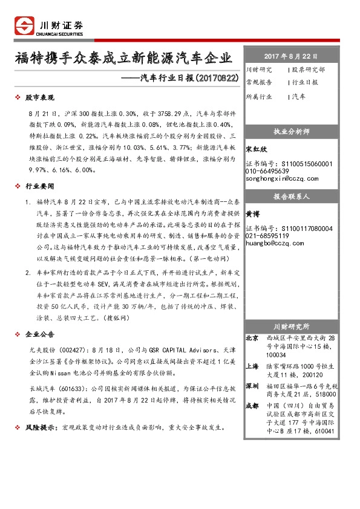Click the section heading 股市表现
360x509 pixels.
point(39,97)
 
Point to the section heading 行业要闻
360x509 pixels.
point(39,187)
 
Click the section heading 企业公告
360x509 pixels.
point(39,334)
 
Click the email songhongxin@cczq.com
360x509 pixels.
point(282,178)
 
